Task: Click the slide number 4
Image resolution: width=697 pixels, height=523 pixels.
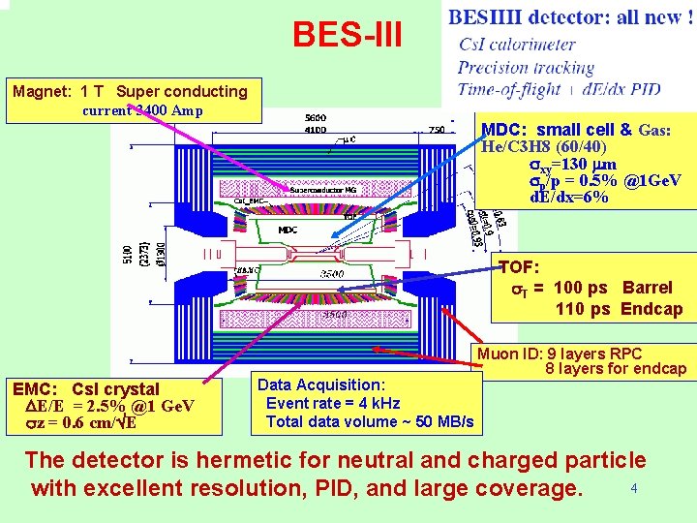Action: [x=633, y=488]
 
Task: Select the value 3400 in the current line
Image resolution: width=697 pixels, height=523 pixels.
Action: [x=153, y=109]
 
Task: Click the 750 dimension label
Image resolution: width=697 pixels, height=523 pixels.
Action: [x=437, y=129]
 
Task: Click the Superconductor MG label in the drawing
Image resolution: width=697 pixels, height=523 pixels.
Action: [x=323, y=191]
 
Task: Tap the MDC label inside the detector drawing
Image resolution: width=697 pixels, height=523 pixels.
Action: [x=288, y=231]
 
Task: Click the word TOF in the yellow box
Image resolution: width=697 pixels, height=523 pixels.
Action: [x=518, y=267]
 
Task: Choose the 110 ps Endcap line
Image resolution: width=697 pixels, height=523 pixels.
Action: [x=619, y=310]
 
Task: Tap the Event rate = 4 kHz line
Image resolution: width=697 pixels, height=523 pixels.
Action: [x=333, y=404]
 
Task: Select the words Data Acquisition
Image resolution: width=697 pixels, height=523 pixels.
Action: [x=320, y=385]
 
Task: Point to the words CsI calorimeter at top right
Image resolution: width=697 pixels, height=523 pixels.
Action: [x=516, y=45]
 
